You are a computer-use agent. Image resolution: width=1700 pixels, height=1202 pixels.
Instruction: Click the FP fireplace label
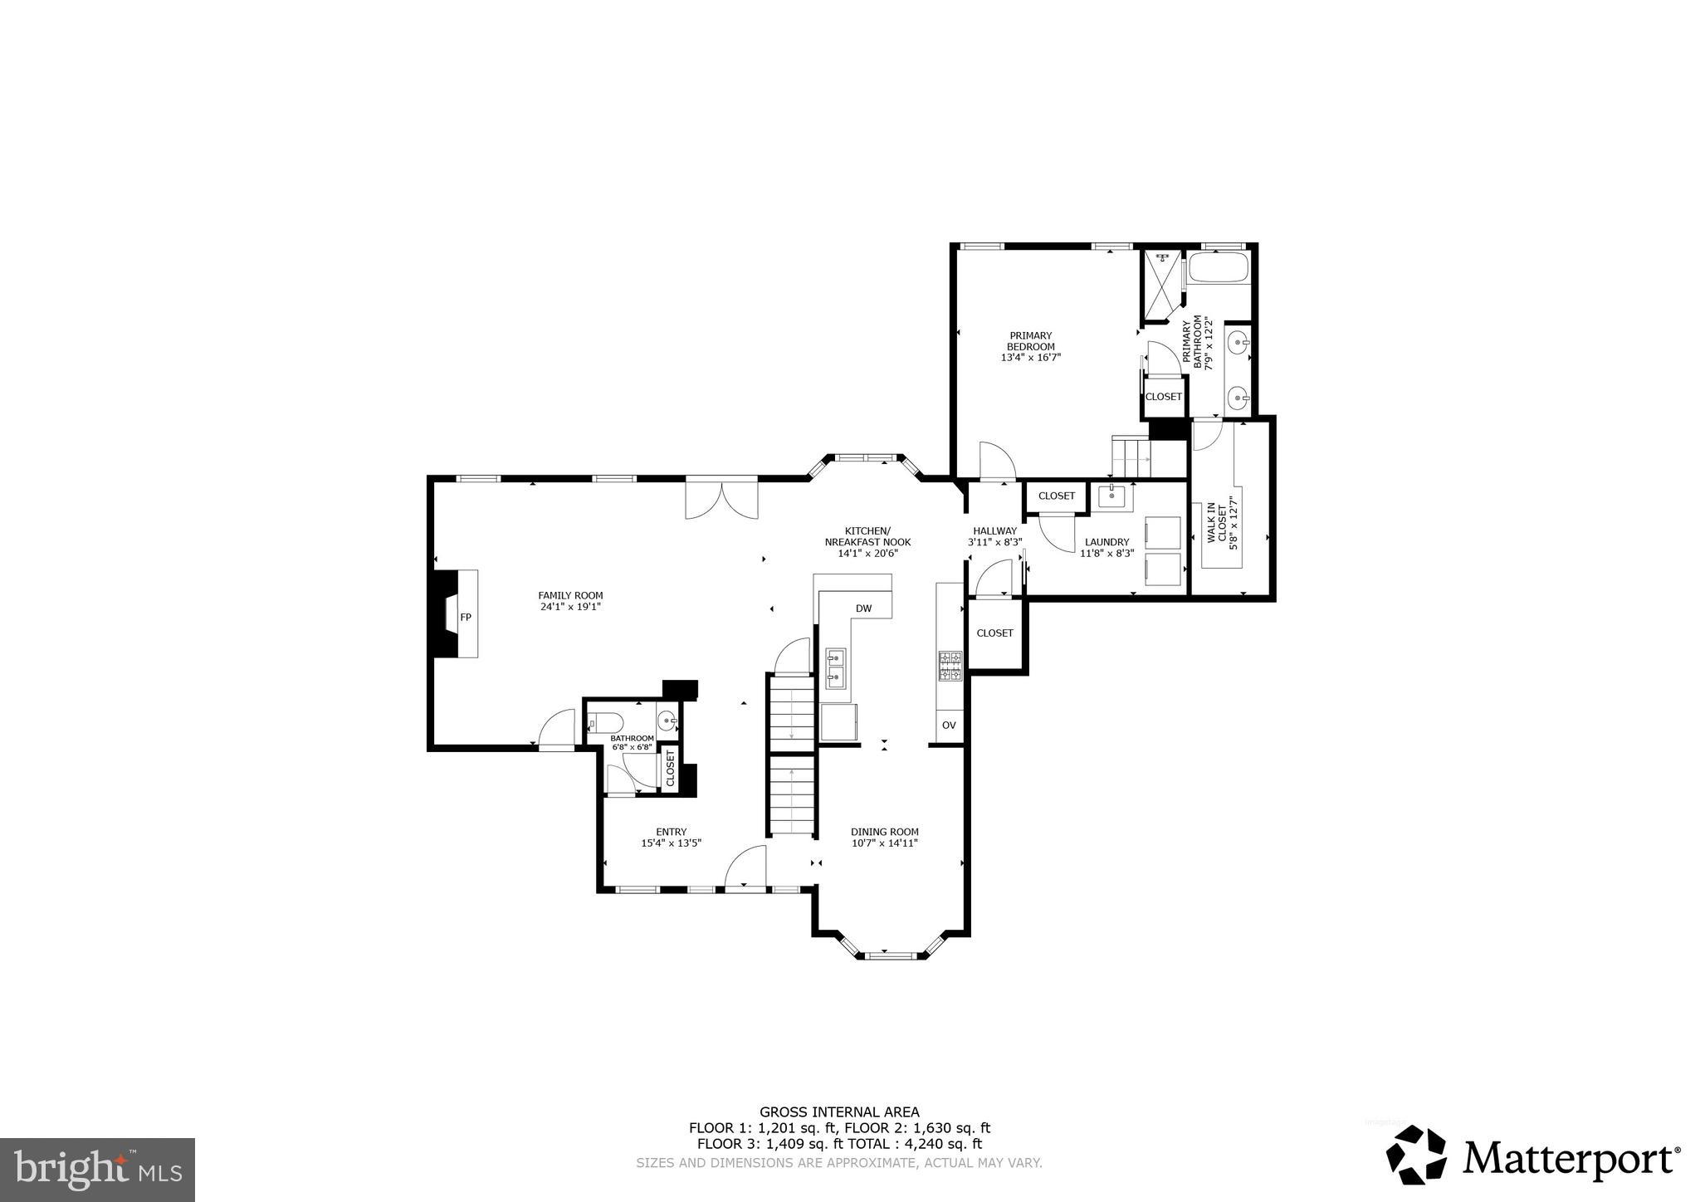(x=466, y=617)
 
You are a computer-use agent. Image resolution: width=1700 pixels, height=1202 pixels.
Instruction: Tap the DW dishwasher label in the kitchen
(x=863, y=608)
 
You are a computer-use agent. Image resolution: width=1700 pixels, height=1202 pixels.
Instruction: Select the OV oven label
(x=949, y=725)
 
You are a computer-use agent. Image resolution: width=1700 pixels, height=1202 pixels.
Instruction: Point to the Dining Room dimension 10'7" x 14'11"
(x=884, y=843)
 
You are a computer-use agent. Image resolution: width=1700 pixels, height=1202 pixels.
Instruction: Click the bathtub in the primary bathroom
(x=1218, y=268)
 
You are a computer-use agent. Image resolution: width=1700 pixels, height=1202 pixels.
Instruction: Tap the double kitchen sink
(x=835, y=668)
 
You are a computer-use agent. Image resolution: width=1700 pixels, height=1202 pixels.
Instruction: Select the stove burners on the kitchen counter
(x=950, y=667)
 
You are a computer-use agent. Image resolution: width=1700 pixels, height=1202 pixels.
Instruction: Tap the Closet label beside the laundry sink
(x=1057, y=496)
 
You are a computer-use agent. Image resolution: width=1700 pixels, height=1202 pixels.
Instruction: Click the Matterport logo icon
(x=1416, y=1156)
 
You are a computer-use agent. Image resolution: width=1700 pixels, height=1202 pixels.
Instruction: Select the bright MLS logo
(x=97, y=1170)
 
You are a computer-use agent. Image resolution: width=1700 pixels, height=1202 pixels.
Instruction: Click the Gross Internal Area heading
(x=839, y=1112)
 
